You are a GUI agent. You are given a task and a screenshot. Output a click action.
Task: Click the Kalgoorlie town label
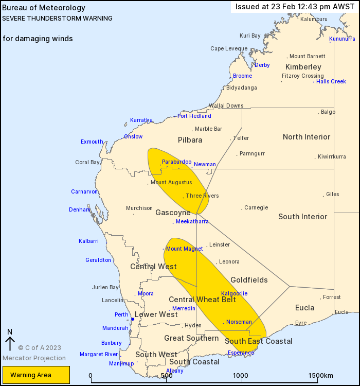234,293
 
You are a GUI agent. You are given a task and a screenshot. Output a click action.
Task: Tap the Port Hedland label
194,116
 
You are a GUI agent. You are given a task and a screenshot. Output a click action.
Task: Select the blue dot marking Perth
132,319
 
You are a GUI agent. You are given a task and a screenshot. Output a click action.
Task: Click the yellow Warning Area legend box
36,375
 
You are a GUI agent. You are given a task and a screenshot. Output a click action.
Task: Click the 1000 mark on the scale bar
241,376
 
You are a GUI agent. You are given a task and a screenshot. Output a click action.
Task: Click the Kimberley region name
303,67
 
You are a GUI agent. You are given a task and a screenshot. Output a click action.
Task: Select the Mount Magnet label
184,249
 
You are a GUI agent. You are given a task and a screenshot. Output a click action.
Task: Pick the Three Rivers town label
202,196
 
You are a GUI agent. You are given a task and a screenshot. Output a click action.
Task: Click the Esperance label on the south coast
241,353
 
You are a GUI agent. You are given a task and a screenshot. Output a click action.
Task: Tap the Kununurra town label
342,39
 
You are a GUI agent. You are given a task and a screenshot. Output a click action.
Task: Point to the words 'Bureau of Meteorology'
36,8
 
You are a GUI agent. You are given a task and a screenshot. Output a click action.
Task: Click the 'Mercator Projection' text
34,358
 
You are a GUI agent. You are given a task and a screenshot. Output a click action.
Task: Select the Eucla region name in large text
305,308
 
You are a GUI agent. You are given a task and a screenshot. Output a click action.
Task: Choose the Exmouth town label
92,142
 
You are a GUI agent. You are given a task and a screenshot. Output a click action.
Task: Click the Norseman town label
239,322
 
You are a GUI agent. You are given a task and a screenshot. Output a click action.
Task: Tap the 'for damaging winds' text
38,39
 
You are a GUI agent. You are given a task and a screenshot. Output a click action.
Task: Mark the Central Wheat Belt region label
202,300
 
